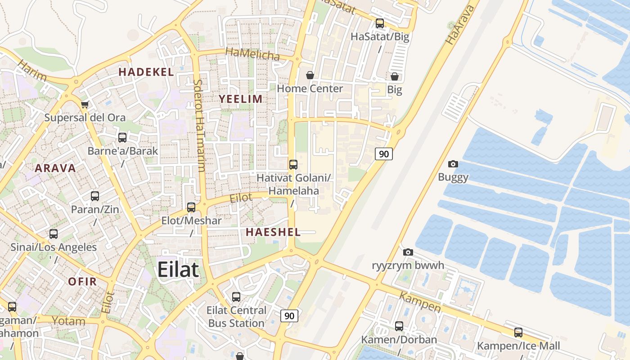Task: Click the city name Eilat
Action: [x=178, y=270]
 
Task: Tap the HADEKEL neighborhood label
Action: [x=146, y=72]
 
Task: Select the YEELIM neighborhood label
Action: [x=240, y=99]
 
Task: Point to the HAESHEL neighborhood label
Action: [x=273, y=232]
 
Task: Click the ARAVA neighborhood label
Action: [x=55, y=168]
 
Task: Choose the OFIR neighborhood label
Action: [x=82, y=282]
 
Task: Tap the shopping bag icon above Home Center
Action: [x=310, y=75]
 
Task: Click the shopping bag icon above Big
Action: [x=395, y=76]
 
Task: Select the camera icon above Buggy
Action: [x=453, y=164]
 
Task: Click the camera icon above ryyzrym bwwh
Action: [x=408, y=252]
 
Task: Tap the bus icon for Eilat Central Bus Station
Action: [x=236, y=297]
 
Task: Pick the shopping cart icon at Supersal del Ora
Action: [x=85, y=105]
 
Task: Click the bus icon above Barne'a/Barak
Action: [x=122, y=138]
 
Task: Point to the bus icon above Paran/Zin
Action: [x=95, y=196]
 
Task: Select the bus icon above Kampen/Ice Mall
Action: [x=518, y=333]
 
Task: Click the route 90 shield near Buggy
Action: [x=384, y=154]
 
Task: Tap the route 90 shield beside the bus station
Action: [x=289, y=316]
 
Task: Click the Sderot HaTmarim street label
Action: [x=199, y=126]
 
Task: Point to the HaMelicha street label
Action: [x=252, y=54]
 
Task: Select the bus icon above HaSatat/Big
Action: [x=380, y=23]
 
